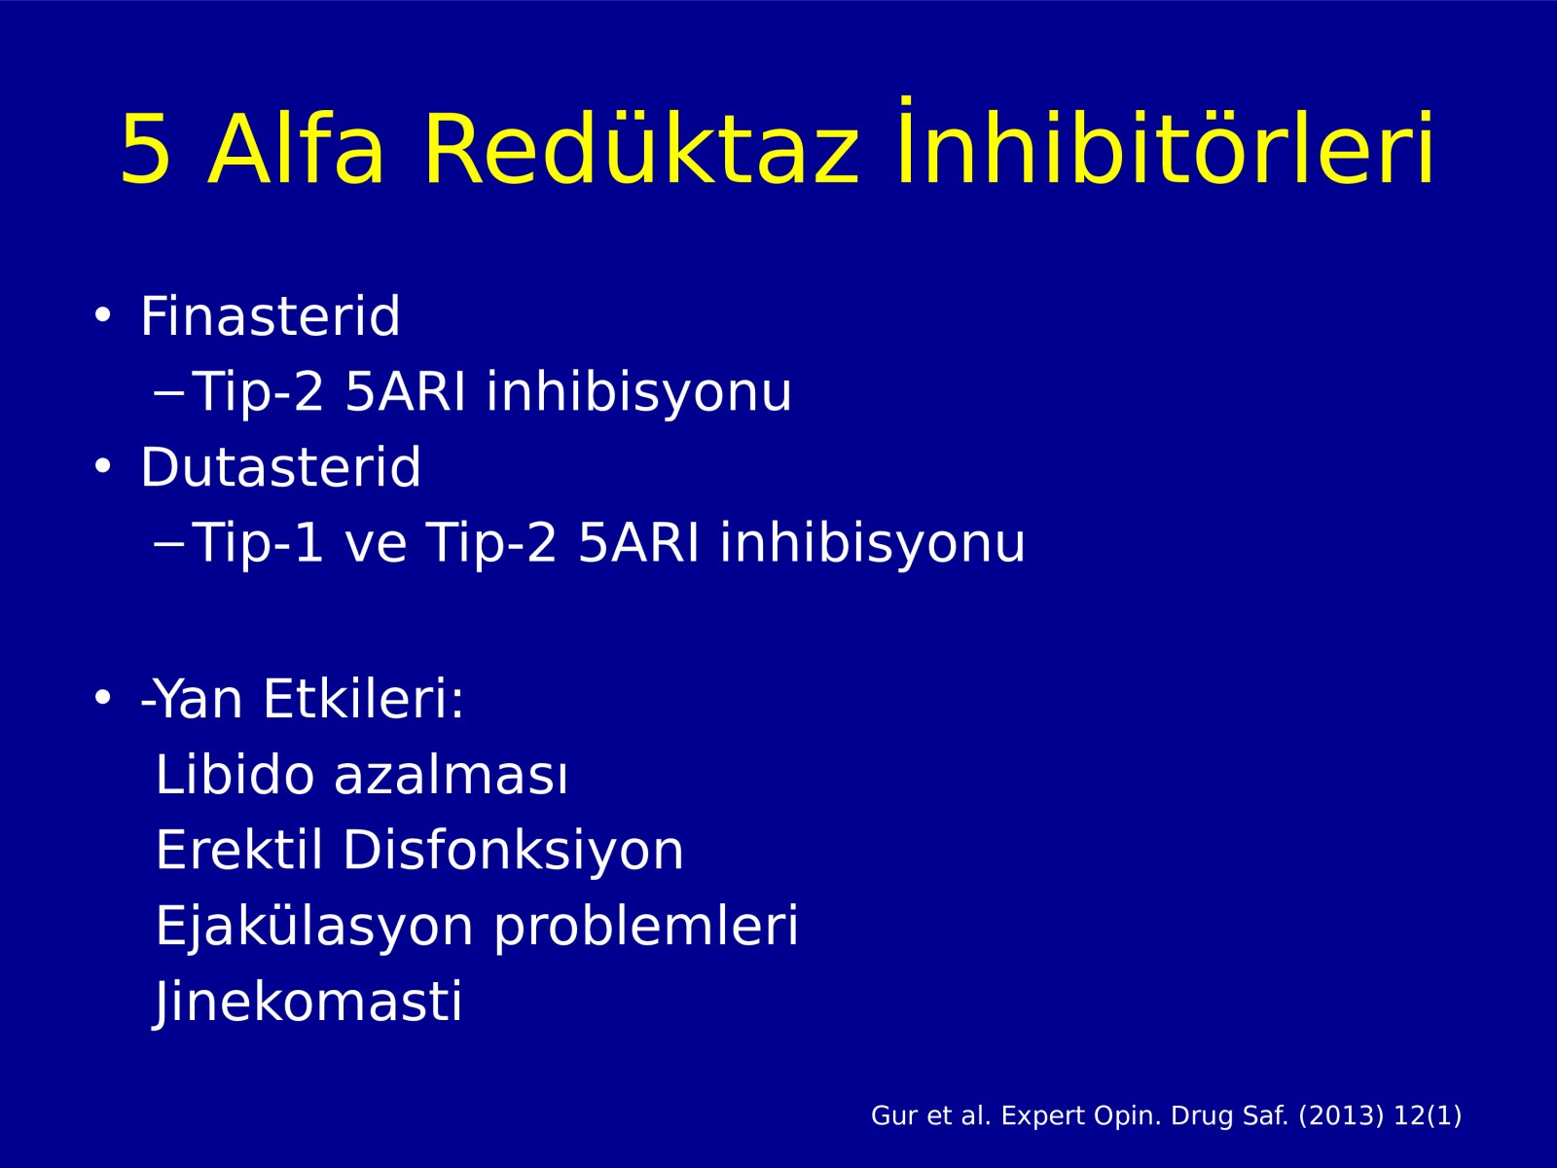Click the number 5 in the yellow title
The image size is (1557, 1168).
click(145, 149)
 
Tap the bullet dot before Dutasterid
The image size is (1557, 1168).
click(103, 466)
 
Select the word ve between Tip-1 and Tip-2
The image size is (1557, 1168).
click(376, 545)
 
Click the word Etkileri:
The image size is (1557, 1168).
click(363, 699)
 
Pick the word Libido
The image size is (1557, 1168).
click(235, 774)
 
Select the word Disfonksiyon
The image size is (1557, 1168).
click(514, 850)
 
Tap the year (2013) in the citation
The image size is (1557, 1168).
click(1341, 1116)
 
